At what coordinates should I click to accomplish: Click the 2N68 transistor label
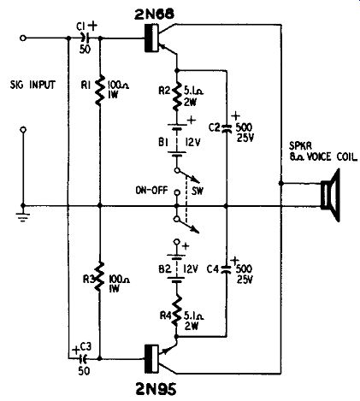tap(154, 15)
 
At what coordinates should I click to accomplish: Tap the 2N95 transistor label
tap(155, 388)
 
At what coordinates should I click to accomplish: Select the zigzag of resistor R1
tap(99, 90)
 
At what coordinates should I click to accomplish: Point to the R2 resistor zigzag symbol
tap(176, 96)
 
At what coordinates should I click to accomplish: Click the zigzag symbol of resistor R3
tap(99, 276)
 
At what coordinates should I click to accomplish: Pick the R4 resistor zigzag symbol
tap(177, 310)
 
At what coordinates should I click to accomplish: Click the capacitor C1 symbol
tap(85, 38)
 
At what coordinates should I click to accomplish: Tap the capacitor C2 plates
tap(227, 128)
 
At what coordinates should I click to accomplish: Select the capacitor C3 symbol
tap(84, 357)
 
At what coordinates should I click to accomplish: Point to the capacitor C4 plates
tap(227, 269)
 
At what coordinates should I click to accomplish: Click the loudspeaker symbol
tap(331, 195)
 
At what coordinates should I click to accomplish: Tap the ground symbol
tap(23, 216)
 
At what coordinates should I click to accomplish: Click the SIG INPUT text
tap(32, 85)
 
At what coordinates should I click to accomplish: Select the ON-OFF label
tap(152, 190)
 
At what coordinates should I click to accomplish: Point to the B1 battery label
tap(163, 142)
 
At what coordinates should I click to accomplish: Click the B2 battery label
tap(164, 268)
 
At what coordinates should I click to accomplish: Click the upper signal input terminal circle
tap(23, 38)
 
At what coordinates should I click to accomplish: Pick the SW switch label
tap(198, 191)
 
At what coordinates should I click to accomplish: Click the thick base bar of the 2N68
tap(148, 38)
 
